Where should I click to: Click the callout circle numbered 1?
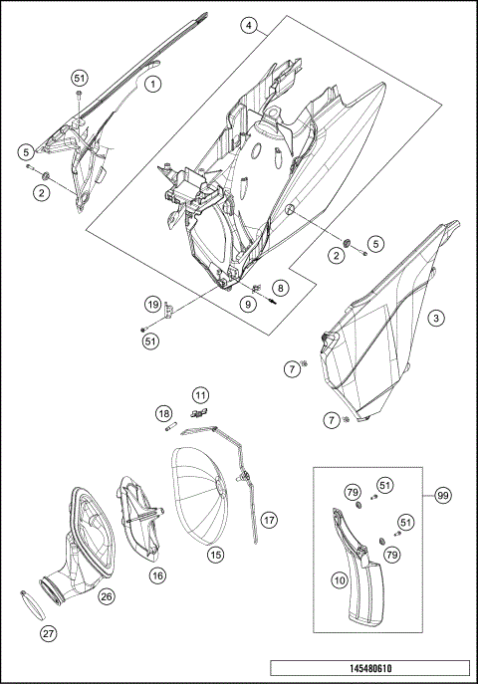pyautogui.click(x=153, y=85)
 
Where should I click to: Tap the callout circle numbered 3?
pyautogui.click(x=435, y=319)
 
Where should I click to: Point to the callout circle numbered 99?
pyautogui.click(x=442, y=495)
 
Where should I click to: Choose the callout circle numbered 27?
pyautogui.click(x=47, y=632)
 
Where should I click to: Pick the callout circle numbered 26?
pyautogui.click(x=107, y=596)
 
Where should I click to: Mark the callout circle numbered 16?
pyautogui.click(x=157, y=574)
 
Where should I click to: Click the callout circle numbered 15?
pyautogui.click(x=214, y=554)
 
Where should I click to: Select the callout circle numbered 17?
pyautogui.click(x=269, y=520)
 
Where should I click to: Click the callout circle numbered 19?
pyautogui.click(x=152, y=304)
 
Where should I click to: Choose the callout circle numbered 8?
pyautogui.click(x=280, y=288)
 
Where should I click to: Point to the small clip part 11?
pyautogui.click(x=197, y=412)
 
